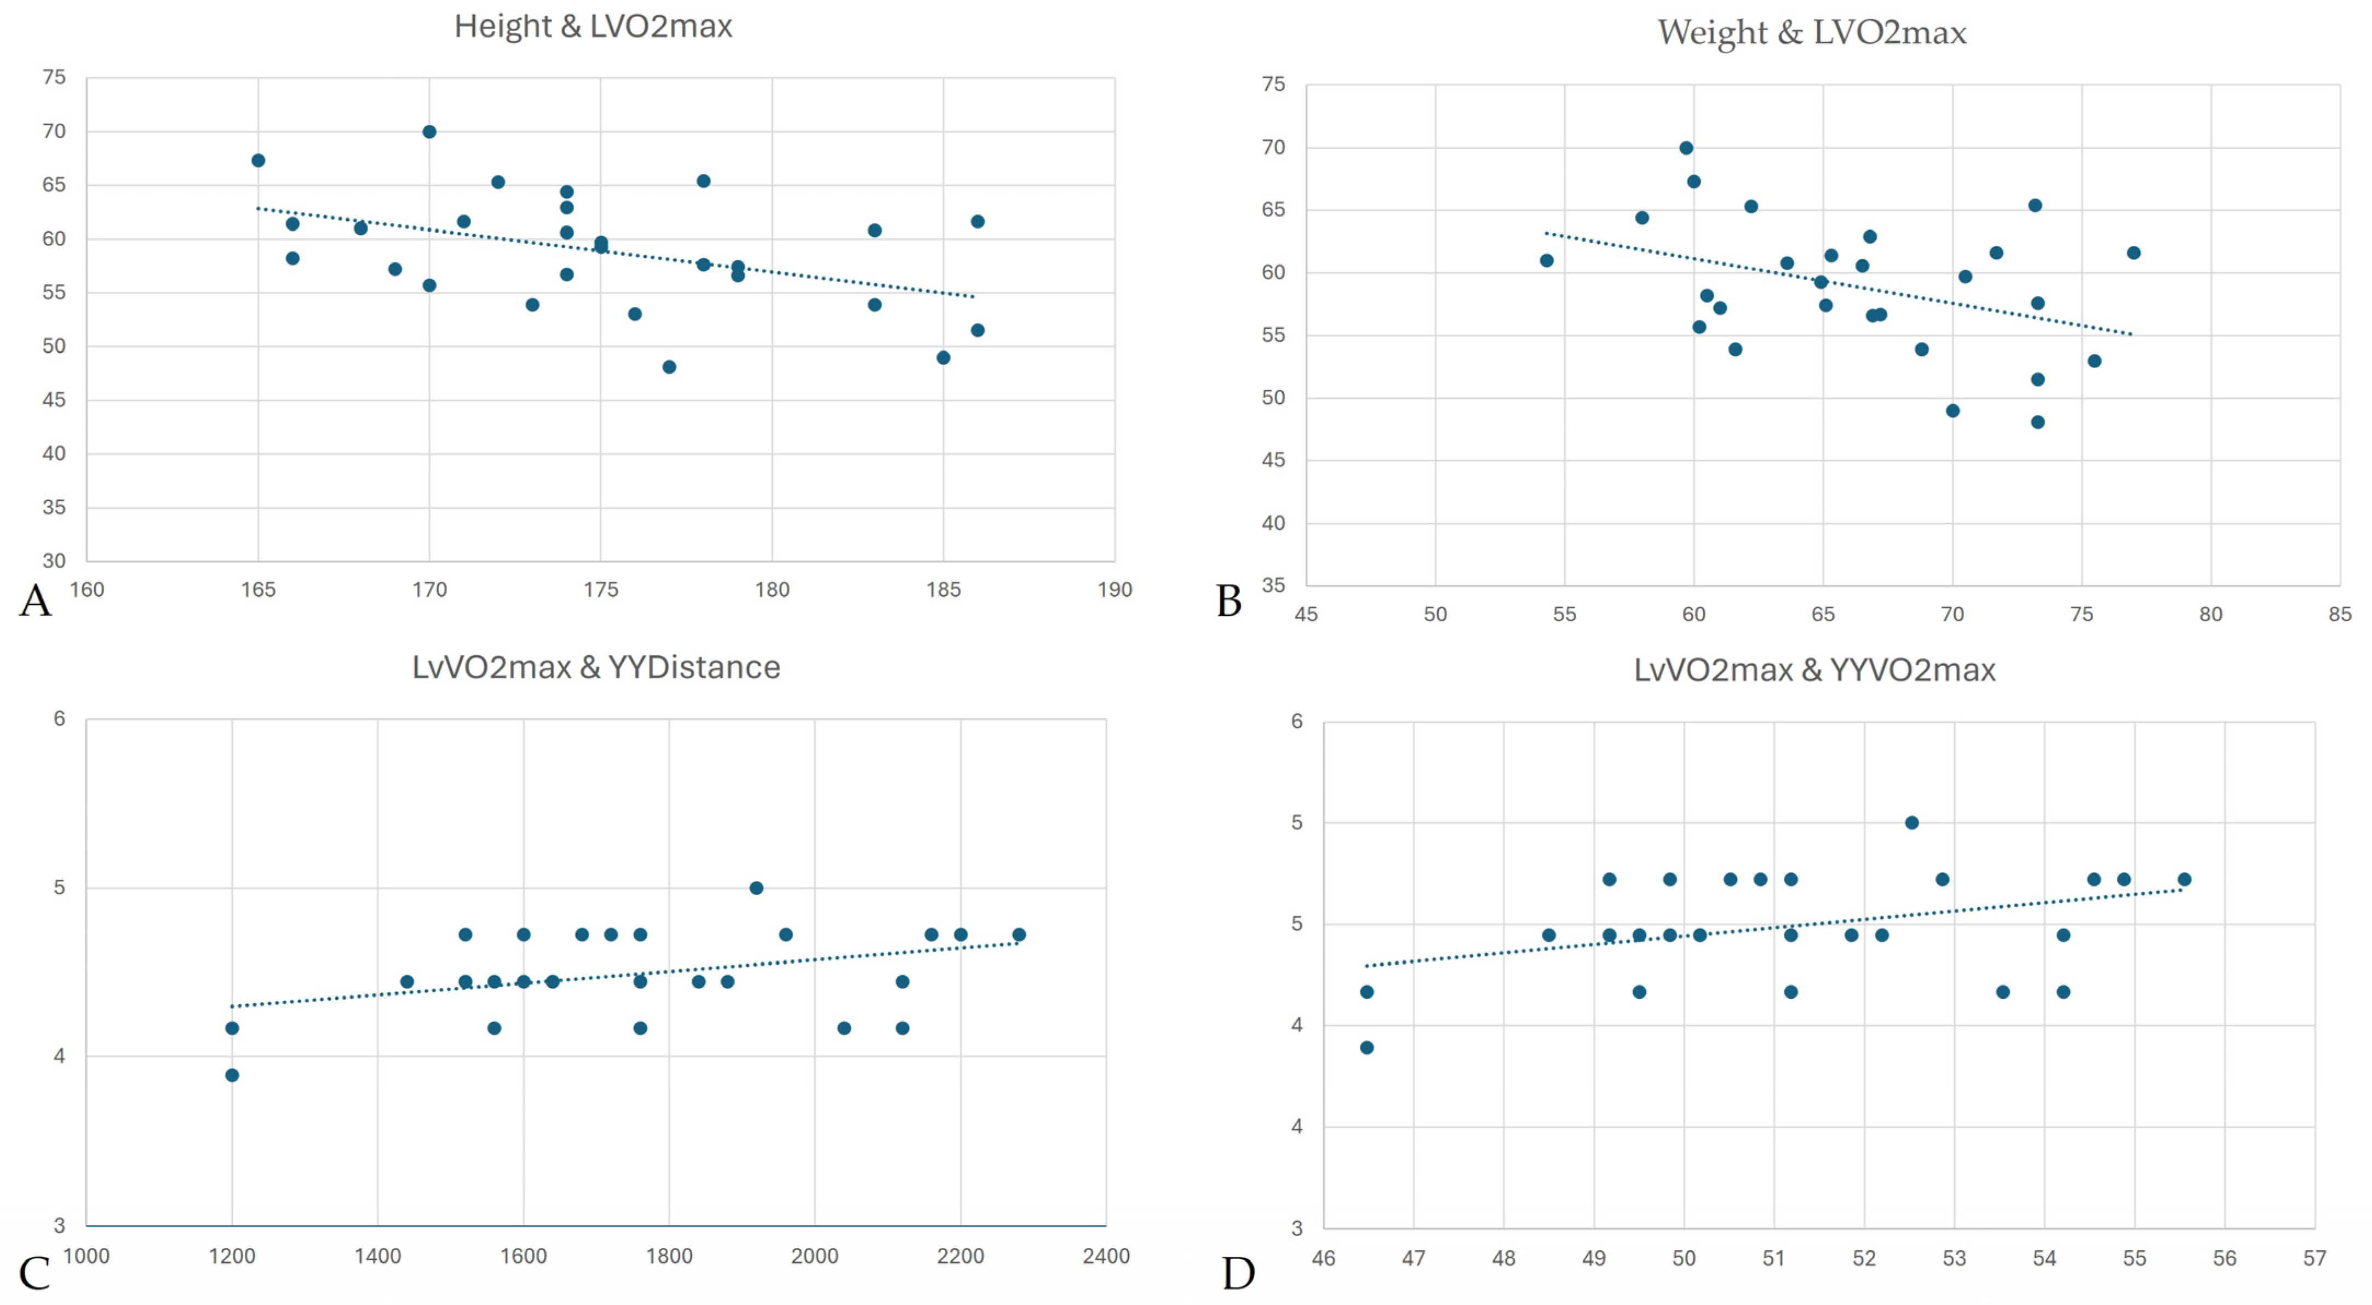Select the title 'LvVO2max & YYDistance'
[x=596, y=667]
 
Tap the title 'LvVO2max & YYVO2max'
[x=1814, y=669]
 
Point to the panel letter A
[x=35, y=600]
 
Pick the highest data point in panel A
[x=429, y=131]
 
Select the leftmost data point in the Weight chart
[x=1547, y=261]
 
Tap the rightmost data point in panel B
[x=2134, y=253]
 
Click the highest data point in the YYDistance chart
[x=756, y=888]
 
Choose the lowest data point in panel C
[x=232, y=1075]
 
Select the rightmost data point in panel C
[x=1019, y=935]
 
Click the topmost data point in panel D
[x=1911, y=822]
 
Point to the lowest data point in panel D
[x=1366, y=1047]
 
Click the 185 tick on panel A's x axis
[x=943, y=589]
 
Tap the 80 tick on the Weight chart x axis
[x=2211, y=614]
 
